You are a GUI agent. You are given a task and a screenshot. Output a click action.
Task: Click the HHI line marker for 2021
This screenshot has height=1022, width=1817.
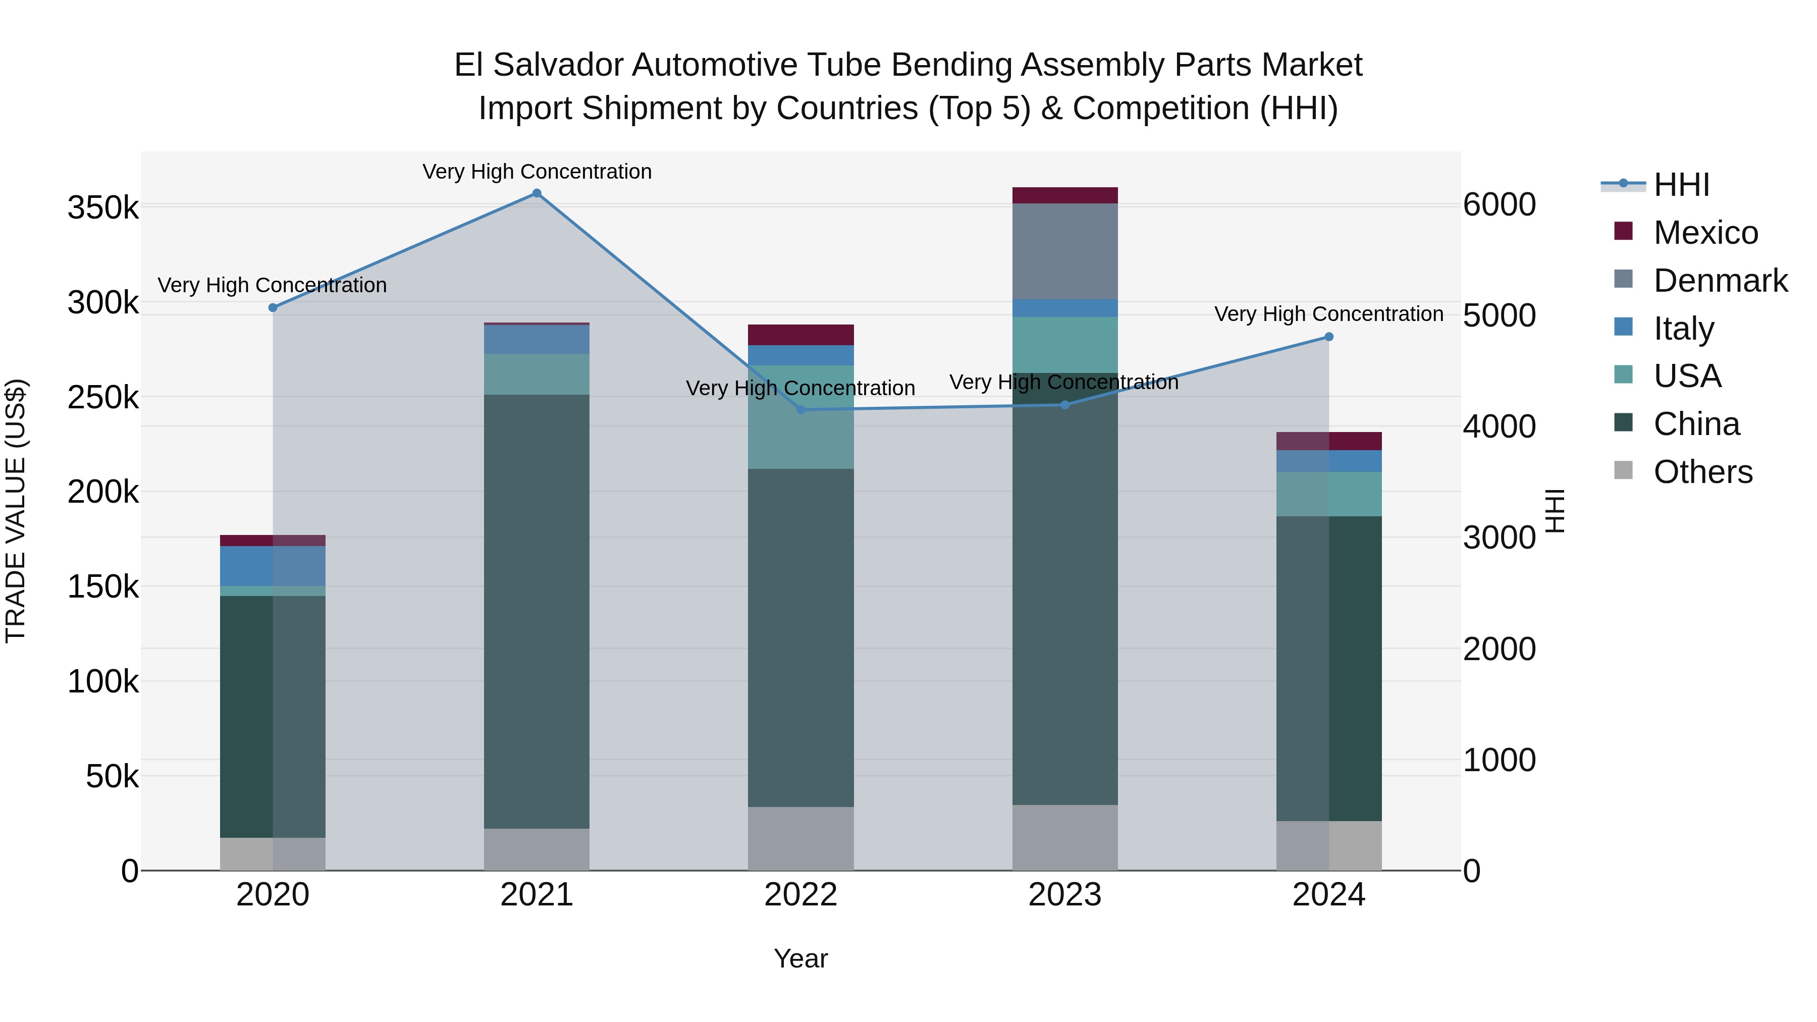(x=537, y=193)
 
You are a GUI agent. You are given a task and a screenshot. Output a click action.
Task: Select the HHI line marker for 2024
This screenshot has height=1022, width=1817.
(x=1329, y=337)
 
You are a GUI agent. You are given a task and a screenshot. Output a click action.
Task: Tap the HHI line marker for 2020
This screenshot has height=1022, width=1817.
(x=273, y=307)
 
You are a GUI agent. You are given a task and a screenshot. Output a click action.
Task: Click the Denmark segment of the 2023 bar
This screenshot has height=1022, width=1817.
(x=1065, y=251)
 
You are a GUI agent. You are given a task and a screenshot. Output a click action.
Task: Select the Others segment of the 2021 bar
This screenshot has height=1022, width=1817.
(x=537, y=849)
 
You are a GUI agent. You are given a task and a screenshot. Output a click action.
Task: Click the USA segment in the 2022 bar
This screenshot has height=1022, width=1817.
(x=800, y=417)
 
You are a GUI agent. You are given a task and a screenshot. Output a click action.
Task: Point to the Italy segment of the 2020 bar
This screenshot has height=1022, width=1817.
(x=273, y=566)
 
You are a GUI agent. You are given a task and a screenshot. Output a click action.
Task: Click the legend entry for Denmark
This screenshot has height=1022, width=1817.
(x=1720, y=281)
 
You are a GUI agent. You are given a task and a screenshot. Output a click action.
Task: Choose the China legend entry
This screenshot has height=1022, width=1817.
(x=1696, y=424)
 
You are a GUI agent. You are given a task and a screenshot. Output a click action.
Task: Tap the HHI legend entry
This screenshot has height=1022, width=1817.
(x=1681, y=185)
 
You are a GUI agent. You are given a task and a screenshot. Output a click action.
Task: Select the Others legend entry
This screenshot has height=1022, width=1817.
(x=1702, y=472)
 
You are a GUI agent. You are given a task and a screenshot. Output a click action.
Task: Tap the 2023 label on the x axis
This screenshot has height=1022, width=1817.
(x=1065, y=895)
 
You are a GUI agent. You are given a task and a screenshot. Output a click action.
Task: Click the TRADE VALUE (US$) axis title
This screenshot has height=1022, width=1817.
(x=16, y=511)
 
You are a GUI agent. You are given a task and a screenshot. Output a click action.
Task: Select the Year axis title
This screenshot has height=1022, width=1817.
(x=800, y=958)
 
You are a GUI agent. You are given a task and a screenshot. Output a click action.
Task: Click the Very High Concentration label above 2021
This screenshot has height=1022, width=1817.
(x=537, y=172)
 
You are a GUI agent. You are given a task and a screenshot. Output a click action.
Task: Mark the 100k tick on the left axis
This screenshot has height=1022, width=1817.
(x=103, y=681)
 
